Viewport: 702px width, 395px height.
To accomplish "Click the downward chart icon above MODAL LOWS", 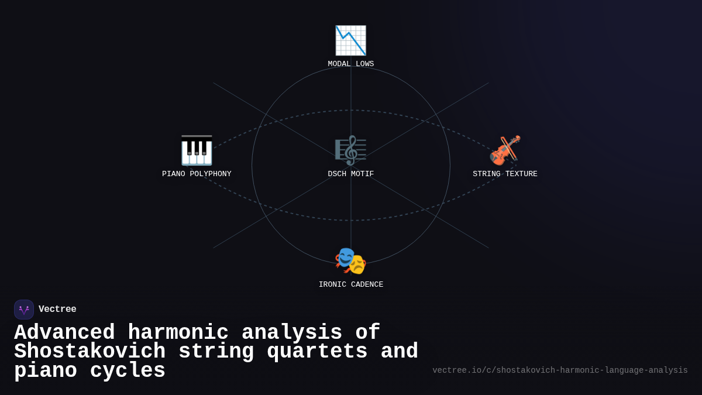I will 350,40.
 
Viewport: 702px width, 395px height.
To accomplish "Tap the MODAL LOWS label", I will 350,64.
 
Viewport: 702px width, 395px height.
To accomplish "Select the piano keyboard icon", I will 197,150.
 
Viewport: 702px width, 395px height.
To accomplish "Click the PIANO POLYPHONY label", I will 197,174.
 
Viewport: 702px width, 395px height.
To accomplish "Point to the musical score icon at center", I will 350,150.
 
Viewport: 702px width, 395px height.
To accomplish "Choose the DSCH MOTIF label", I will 350,174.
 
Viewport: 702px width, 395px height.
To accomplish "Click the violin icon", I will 505,150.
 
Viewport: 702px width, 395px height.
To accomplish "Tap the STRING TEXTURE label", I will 505,174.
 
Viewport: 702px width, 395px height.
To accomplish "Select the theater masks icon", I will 350,261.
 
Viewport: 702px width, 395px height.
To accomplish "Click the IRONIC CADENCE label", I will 350,285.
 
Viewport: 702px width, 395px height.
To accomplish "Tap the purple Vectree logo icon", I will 24,310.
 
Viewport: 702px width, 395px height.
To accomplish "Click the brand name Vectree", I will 57,310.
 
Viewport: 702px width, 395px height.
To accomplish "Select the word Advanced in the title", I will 64,333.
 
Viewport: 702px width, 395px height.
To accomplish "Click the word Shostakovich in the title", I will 90,352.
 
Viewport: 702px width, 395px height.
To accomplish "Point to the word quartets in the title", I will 317,352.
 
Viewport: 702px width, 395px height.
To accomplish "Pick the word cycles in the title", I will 128,371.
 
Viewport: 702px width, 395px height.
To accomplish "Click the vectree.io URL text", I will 560,370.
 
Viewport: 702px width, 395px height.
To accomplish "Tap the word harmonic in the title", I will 178,333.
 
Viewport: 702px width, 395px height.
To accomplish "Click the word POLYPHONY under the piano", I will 211,174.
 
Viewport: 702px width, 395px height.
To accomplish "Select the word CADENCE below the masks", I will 367,285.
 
